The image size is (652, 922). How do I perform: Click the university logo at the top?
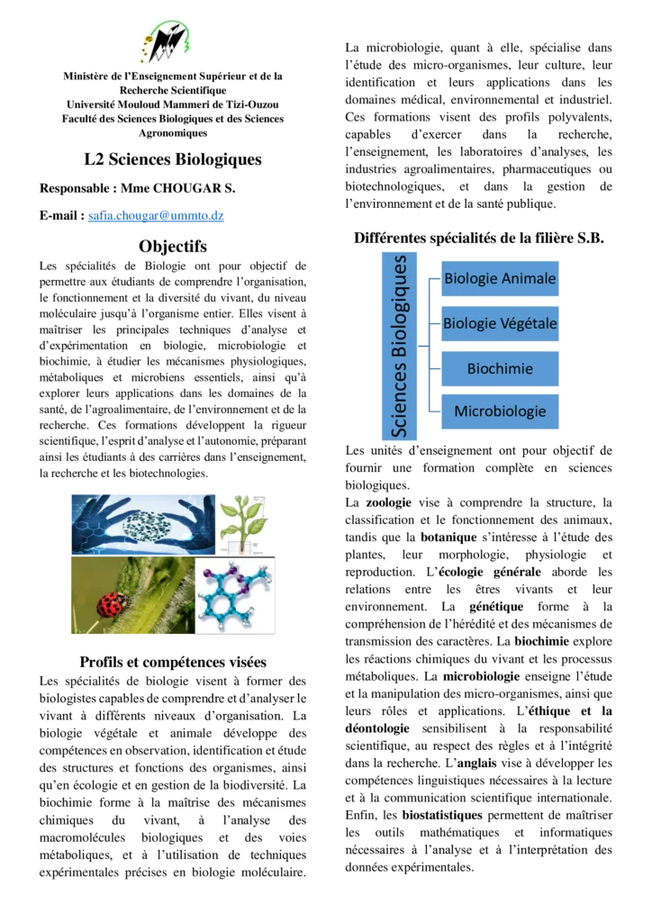coord(166,42)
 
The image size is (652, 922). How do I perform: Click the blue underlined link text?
coord(158,216)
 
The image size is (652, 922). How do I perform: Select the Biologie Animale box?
coord(500,278)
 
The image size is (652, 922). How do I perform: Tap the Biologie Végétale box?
coord(500,323)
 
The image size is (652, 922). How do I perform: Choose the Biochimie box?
coord(500,368)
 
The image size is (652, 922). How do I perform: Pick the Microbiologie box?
coord(500,411)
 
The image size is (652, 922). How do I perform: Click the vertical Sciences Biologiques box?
coord(400,346)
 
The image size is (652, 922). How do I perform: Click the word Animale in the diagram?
coord(530,278)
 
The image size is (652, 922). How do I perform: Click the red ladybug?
coord(111,604)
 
